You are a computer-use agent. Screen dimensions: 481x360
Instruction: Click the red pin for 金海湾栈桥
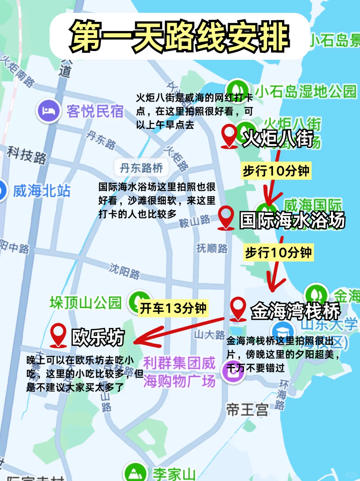[238, 308]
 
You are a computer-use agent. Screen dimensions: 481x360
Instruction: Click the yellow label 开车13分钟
[173, 308]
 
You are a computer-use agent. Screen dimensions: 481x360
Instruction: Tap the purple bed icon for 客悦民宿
[49, 111]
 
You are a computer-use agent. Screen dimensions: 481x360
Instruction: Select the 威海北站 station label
[41, 191]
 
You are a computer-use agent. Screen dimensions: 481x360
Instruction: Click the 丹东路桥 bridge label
[141, 168]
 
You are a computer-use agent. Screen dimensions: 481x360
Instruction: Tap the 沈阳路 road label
[125, 271]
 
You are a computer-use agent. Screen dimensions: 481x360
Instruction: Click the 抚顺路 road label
[212, 248]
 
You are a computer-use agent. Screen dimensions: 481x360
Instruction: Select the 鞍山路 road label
[195, 221]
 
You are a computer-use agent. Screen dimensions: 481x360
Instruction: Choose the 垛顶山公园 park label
[86, 302]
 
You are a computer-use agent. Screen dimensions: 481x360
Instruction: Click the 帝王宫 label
[247, 409]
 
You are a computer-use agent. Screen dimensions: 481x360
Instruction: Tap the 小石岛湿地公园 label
[306, 91]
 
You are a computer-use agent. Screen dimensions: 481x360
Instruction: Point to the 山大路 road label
[209, 335]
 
